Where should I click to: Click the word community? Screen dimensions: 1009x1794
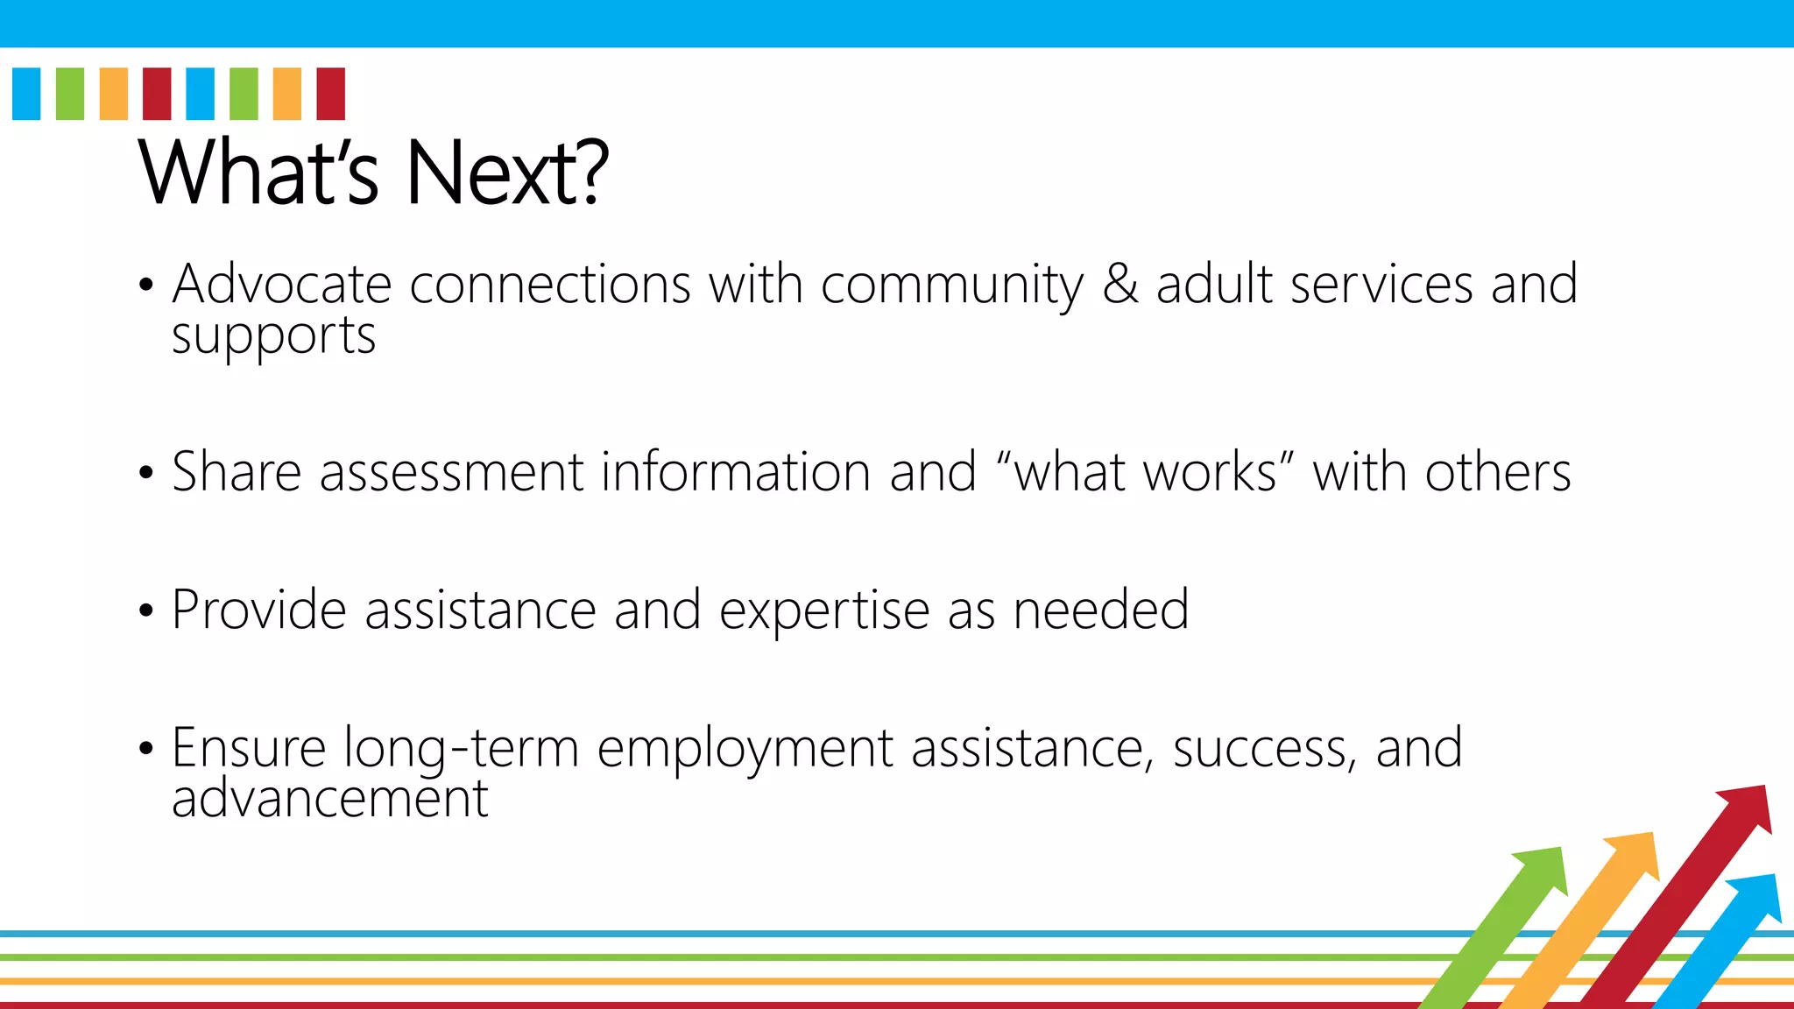[x=951, y=286]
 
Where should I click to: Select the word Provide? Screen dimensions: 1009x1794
[x=259, y=610]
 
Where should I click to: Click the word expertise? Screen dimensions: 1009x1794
[x=823, y=611]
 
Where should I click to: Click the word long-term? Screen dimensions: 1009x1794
[x=461, y=750]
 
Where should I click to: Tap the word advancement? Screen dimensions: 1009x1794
[x=329, y=799]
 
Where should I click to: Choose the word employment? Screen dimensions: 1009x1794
[x=745, y=750]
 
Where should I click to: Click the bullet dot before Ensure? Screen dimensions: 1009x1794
[x=146, y=749]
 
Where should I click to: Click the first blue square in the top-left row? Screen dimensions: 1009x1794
[x=26, y=94]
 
